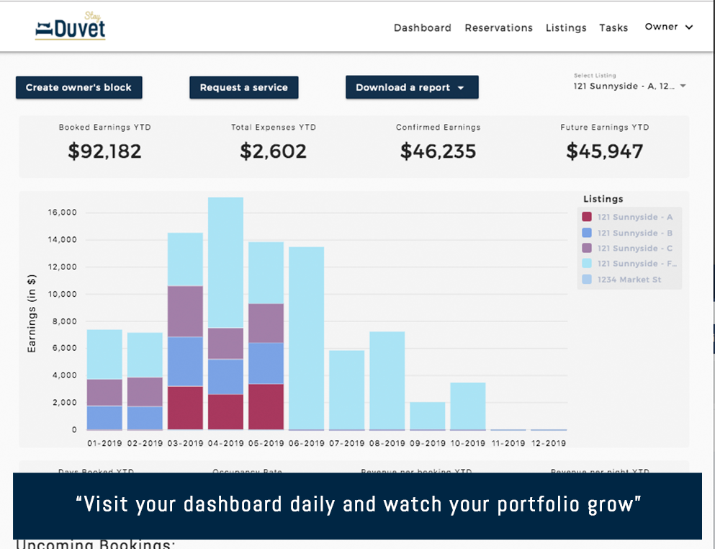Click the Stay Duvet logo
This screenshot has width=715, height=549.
coord(70,27)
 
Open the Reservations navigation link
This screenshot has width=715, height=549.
coord(498,28)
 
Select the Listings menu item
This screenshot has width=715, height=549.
coord(566,28)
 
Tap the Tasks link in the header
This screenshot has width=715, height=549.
coord(613,28)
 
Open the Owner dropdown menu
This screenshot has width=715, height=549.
coord(669,27)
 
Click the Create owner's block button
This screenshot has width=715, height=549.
coord(78,88)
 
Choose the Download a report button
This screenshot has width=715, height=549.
coord(412,88)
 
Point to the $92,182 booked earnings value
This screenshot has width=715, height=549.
coord(104,151)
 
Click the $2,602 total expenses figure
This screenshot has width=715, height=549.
coord(273,151)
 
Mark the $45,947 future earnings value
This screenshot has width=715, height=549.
coord(604,151)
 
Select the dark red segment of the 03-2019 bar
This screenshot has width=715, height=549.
coord(185,408)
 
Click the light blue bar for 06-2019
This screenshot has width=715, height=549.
coord(306,338)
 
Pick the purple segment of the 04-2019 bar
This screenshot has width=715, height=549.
coord(225,344)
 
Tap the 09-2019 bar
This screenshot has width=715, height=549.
coord(428,416)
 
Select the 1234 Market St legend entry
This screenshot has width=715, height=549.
coord(629,280)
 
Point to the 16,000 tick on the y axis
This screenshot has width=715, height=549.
coord(62,213)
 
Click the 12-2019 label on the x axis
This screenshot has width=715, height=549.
coord(549,443)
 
